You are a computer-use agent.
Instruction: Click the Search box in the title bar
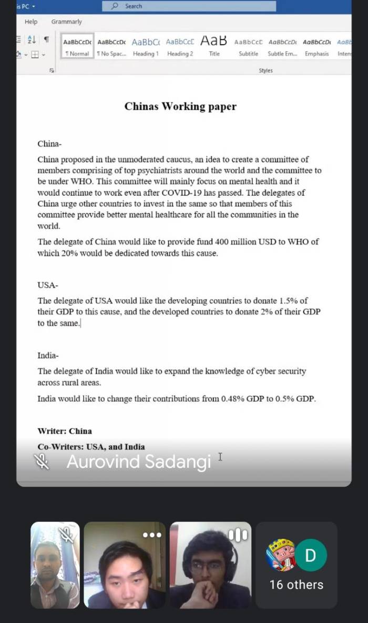click(189, 6)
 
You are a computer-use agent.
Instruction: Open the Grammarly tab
click(66, 22)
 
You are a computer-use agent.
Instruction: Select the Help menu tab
click(31, 22)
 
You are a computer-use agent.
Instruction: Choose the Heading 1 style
click(145, 47)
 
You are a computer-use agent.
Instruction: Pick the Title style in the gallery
click(214, 47)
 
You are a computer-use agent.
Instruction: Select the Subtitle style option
click(248, 47)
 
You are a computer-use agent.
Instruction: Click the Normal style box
click(77, 47)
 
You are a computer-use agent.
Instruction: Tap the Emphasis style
click(316, 47)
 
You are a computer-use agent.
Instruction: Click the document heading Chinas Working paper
click(180, 107)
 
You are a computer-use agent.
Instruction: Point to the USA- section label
click(48, 285)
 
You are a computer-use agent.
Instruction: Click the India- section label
click(48, 356)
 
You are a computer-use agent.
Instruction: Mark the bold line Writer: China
click(65, 431)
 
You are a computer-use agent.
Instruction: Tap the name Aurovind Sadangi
click(139, 462)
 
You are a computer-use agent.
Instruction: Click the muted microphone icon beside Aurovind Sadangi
click(42, 462)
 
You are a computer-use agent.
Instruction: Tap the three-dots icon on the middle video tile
click(152, 535)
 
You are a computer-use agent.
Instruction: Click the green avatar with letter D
click(311, 555)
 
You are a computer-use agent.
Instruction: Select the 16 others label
click(297, 585)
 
